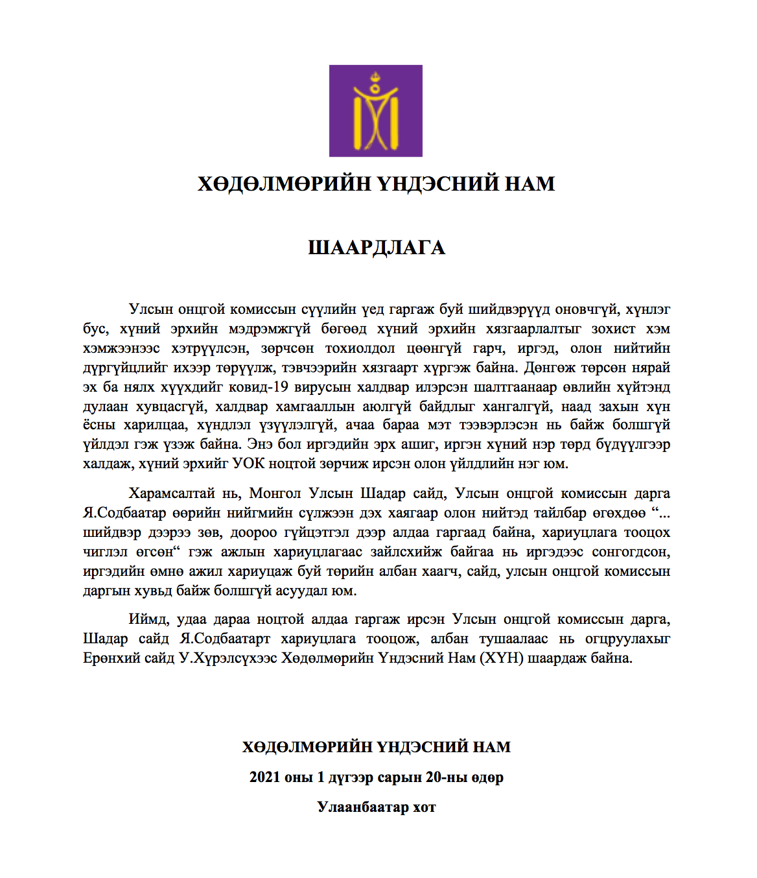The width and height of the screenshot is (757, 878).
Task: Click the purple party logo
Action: click(375, 111)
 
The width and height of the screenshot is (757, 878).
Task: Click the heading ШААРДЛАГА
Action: click(376, 248)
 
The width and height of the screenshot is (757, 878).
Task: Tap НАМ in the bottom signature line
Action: click(492, 747)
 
